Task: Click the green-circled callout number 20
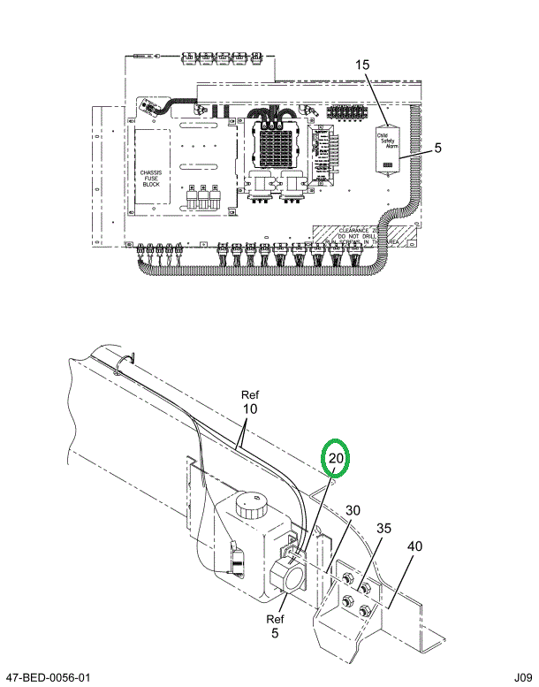pyautogui.click(x=336, y=459)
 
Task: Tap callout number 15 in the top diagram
pyautogui.click(x=363, y=65)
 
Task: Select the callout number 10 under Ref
pyautogui.click(x=250, y=410)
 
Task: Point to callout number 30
pyautogui.click(x=353, y=510)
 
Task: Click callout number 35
pyautogui.click(x=384, y=530)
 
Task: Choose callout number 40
pyautogui.click(x=415, y=547)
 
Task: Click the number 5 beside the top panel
pyautogui.click(x=437, y=149)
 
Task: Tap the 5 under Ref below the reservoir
pyautogui.click(x=274, y=634)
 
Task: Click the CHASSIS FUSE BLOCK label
pyautogui.click(x=151, y=176)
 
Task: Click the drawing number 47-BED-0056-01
pyautogui.click(x=48, y=677)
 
